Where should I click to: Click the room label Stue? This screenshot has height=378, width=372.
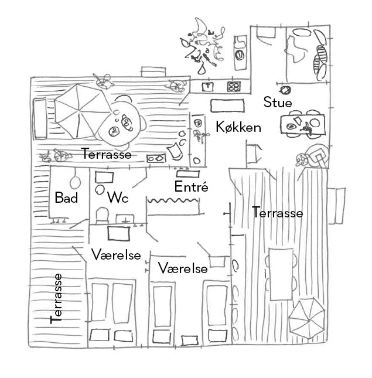[277, 103]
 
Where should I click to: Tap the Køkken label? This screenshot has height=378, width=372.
[238, 127]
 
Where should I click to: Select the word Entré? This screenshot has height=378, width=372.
[192, 187]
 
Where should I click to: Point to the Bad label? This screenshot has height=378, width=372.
[66, 198]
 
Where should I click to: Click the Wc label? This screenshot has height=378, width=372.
[117, 198]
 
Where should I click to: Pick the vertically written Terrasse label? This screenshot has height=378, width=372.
[57, 298]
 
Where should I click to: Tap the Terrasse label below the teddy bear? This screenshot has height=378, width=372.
[106, 155]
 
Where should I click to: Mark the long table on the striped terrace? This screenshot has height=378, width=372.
[281, 274]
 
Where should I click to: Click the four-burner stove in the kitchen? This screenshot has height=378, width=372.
[234, 87]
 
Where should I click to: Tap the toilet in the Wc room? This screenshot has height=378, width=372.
[101, 216]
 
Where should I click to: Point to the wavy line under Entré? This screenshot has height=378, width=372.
[173, 201]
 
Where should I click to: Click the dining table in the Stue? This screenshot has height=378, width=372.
[301, 124]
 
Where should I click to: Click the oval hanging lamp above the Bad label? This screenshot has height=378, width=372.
[76, 179]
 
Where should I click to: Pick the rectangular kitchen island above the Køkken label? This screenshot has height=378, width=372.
[227, 104]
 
